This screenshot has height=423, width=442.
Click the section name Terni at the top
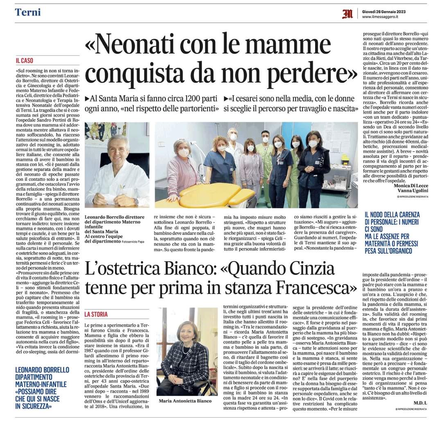(28, 12)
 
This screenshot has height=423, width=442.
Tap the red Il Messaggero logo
(347, 14)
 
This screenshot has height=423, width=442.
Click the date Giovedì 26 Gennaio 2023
(384, 11)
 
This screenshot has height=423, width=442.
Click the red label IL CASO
(24, 61)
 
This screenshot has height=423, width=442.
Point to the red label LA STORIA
(96, 314)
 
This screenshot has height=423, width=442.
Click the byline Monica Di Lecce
(410, 185)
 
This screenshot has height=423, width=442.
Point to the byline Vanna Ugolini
(413, 191)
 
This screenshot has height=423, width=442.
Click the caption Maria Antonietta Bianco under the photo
(185, 400)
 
